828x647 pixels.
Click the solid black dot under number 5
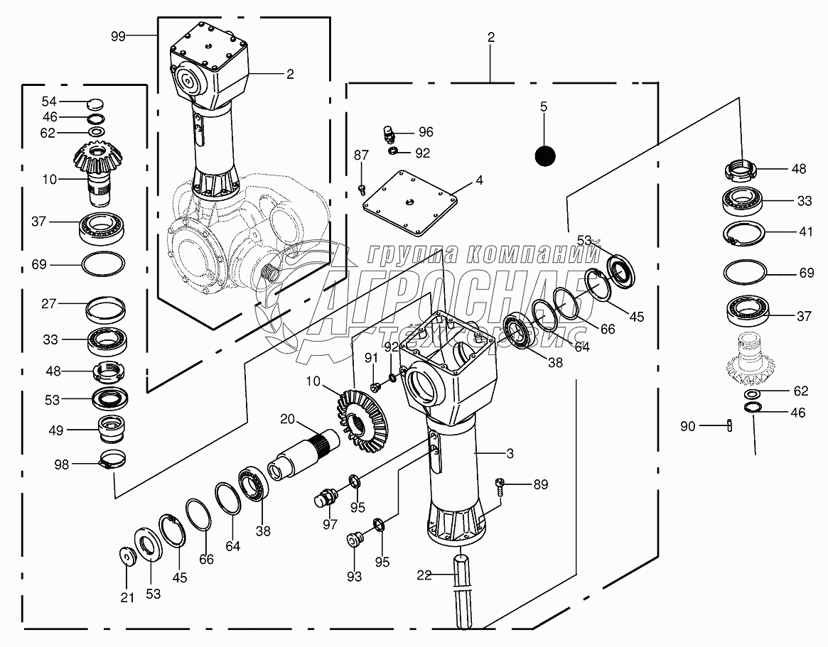[545, 156]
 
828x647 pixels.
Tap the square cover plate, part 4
[410, 203]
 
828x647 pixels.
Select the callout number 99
[118, 36]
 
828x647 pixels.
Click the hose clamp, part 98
[113, 459]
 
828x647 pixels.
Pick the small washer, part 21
[127, 555]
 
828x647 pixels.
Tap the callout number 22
[424, 575]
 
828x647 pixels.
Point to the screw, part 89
[500, 486]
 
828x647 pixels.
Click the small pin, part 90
[729, 425]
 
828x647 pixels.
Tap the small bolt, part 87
[362, 189]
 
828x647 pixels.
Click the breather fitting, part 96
[389, 134]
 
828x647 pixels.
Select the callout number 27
[48, 303]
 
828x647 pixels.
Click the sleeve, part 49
[111, 430]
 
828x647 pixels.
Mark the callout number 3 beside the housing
[510, 453]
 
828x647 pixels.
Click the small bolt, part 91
[375, 387]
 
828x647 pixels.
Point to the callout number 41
[806, 231]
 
